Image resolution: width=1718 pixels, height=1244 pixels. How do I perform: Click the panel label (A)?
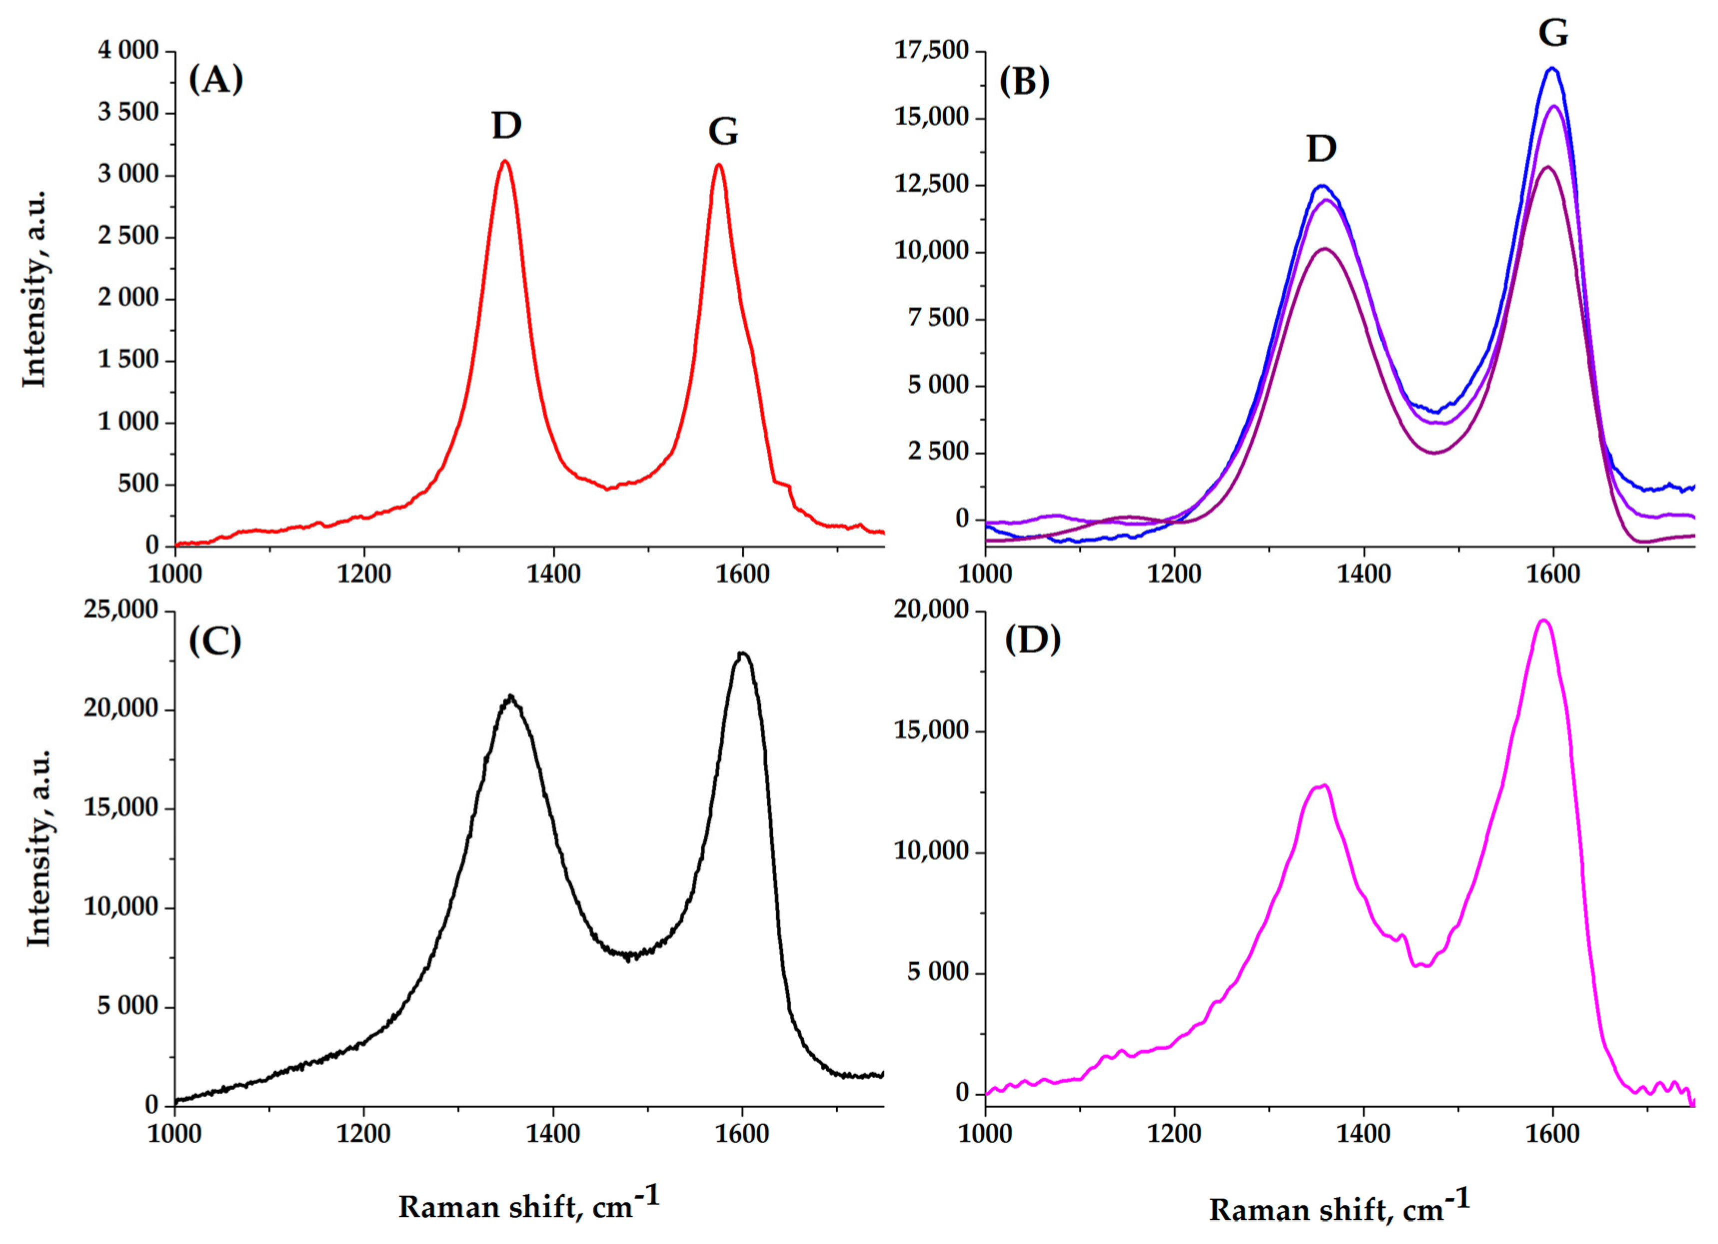(216, 79)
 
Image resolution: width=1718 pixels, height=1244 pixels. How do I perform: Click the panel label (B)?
(1025, 81)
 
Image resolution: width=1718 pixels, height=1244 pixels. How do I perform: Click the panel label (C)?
(215, 641)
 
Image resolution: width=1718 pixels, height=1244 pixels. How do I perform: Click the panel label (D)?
(1033, 640)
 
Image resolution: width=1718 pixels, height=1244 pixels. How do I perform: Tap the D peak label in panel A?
(507, 126)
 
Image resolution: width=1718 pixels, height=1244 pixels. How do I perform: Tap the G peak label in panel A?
(723, 132)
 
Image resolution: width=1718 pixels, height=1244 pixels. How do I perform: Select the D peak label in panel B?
(1322, 148)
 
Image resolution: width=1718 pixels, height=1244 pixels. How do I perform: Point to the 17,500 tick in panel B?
(932, 51)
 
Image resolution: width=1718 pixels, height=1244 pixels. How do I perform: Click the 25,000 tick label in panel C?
(121, 610)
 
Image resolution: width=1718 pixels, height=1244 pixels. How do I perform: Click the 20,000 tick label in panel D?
(932, 610)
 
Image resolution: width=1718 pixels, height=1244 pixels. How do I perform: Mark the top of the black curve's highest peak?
(743, 653)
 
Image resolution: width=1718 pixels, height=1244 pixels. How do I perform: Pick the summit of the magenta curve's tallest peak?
(1544, 620)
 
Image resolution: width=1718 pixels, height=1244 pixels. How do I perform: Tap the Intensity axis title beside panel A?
(34, 289)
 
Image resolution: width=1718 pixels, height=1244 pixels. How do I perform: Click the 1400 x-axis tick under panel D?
(1364, 1134)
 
